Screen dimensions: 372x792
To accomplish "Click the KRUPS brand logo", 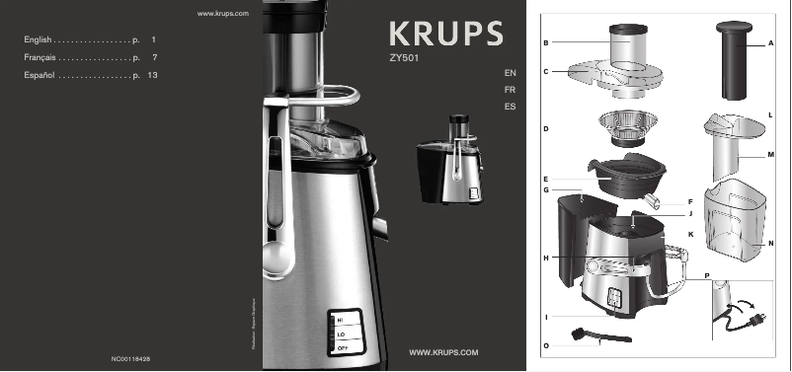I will tap(446, 34).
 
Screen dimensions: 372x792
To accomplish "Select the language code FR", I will tap(510, 90).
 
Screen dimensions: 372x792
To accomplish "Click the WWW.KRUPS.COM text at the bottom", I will tap(443, 352).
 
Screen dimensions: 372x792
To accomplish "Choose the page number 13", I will tap(152, 75).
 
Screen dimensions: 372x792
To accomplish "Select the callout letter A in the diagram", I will tap(771, 44).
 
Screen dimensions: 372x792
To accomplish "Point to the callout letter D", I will tap(545, 129).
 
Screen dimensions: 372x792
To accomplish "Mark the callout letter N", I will tap(771, 243).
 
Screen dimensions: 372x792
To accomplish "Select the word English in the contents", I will tap(38, 39).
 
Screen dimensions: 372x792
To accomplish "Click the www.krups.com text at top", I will tap(221, 14).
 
